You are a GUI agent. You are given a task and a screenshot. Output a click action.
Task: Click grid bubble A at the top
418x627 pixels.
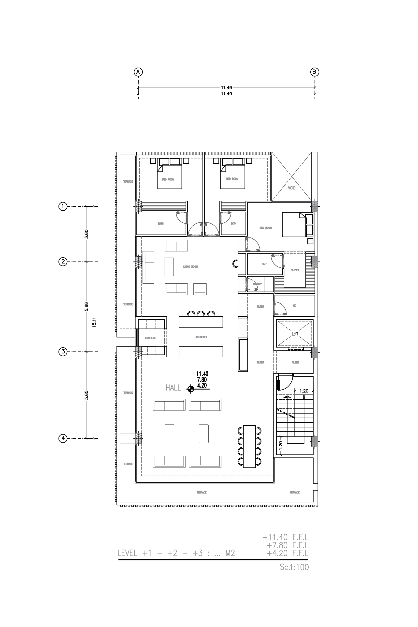point(138,72)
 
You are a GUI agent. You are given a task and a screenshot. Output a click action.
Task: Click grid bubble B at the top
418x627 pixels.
point(315,72)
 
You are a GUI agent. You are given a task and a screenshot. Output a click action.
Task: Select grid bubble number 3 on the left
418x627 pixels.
point(63,352)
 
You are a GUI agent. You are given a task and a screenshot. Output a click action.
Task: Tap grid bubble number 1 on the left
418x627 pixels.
point(63,206)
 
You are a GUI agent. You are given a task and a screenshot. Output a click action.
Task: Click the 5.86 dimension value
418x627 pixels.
point(86,306)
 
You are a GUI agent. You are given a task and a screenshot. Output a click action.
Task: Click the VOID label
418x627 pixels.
point(292,188)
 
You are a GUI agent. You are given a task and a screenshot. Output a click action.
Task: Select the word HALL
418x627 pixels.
point(173,388)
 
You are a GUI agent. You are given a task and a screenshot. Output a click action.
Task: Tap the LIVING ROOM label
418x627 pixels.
point(190,267)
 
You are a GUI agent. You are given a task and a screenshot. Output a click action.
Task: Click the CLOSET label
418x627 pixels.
point(295,270)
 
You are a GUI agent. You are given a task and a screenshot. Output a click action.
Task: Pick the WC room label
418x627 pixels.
point(295,306)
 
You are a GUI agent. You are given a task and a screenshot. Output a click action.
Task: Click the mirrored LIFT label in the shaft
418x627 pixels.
point(295,334)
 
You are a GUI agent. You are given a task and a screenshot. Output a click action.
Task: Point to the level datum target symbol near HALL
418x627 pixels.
point(190,389)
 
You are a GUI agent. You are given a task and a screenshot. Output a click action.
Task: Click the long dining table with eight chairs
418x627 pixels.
point(249,446)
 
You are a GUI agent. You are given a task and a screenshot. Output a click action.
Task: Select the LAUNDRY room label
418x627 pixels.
point(257,284)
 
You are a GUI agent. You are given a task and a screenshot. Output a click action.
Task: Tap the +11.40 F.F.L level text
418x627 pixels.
point(285,537)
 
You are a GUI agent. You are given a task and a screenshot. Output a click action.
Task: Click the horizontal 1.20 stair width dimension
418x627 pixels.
point(304,391)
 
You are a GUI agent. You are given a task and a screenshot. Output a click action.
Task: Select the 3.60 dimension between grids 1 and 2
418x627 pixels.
point(86,234)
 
